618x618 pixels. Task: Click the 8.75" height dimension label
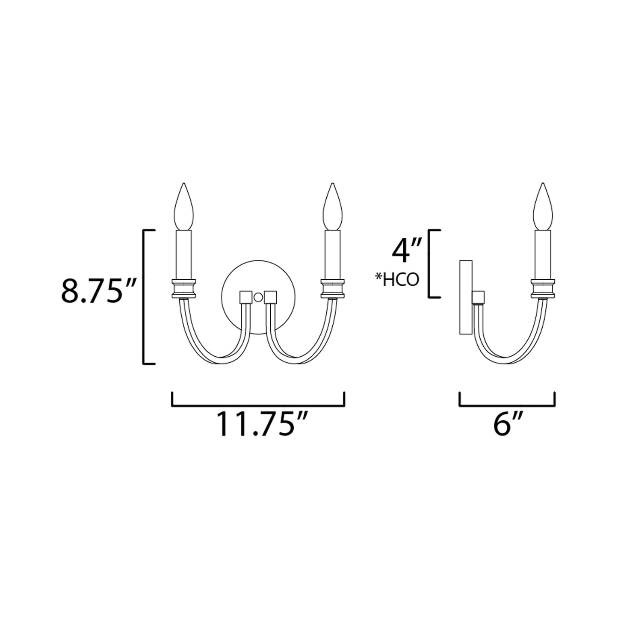[x=98, y=291]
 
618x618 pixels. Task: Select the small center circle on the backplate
[x=258, y=297]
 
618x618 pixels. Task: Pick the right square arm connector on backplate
[x=271, y=296]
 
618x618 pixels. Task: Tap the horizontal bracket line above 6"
[x=507, y=405]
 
